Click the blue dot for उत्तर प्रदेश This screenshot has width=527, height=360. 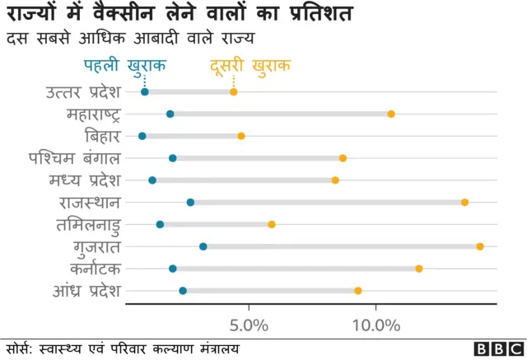[x=145, y=91]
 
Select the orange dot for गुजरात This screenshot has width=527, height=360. [x=480, y=246]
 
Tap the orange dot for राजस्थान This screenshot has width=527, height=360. [x=465, y=202]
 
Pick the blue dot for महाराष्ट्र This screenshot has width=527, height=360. [x=170, y=114]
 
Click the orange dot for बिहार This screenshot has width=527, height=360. [x=241, y=136]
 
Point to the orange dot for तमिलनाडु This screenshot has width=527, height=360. [x=272, y=224]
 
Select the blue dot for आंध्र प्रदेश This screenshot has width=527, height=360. [x=183, y=291]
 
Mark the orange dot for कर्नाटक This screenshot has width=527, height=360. [x=419, y=269]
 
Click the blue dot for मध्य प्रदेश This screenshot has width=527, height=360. [x=152, y=180]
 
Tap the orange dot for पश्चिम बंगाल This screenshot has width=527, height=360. [x=343, y=158]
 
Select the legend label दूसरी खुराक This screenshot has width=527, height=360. [x=250, y=65]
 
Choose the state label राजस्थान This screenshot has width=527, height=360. [x=90, y=202]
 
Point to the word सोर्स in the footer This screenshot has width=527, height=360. [x=19, y=348]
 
